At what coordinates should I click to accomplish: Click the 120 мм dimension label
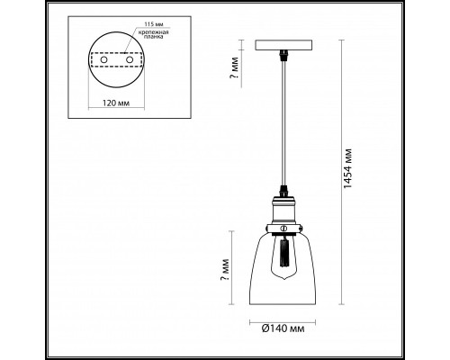116,103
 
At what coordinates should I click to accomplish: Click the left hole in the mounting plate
103,59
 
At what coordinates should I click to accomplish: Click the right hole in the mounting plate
130,59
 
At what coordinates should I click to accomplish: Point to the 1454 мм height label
347,168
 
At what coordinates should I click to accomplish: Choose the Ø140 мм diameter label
283,328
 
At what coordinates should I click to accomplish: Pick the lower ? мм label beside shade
224,270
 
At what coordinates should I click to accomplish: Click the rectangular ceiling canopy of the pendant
283,45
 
